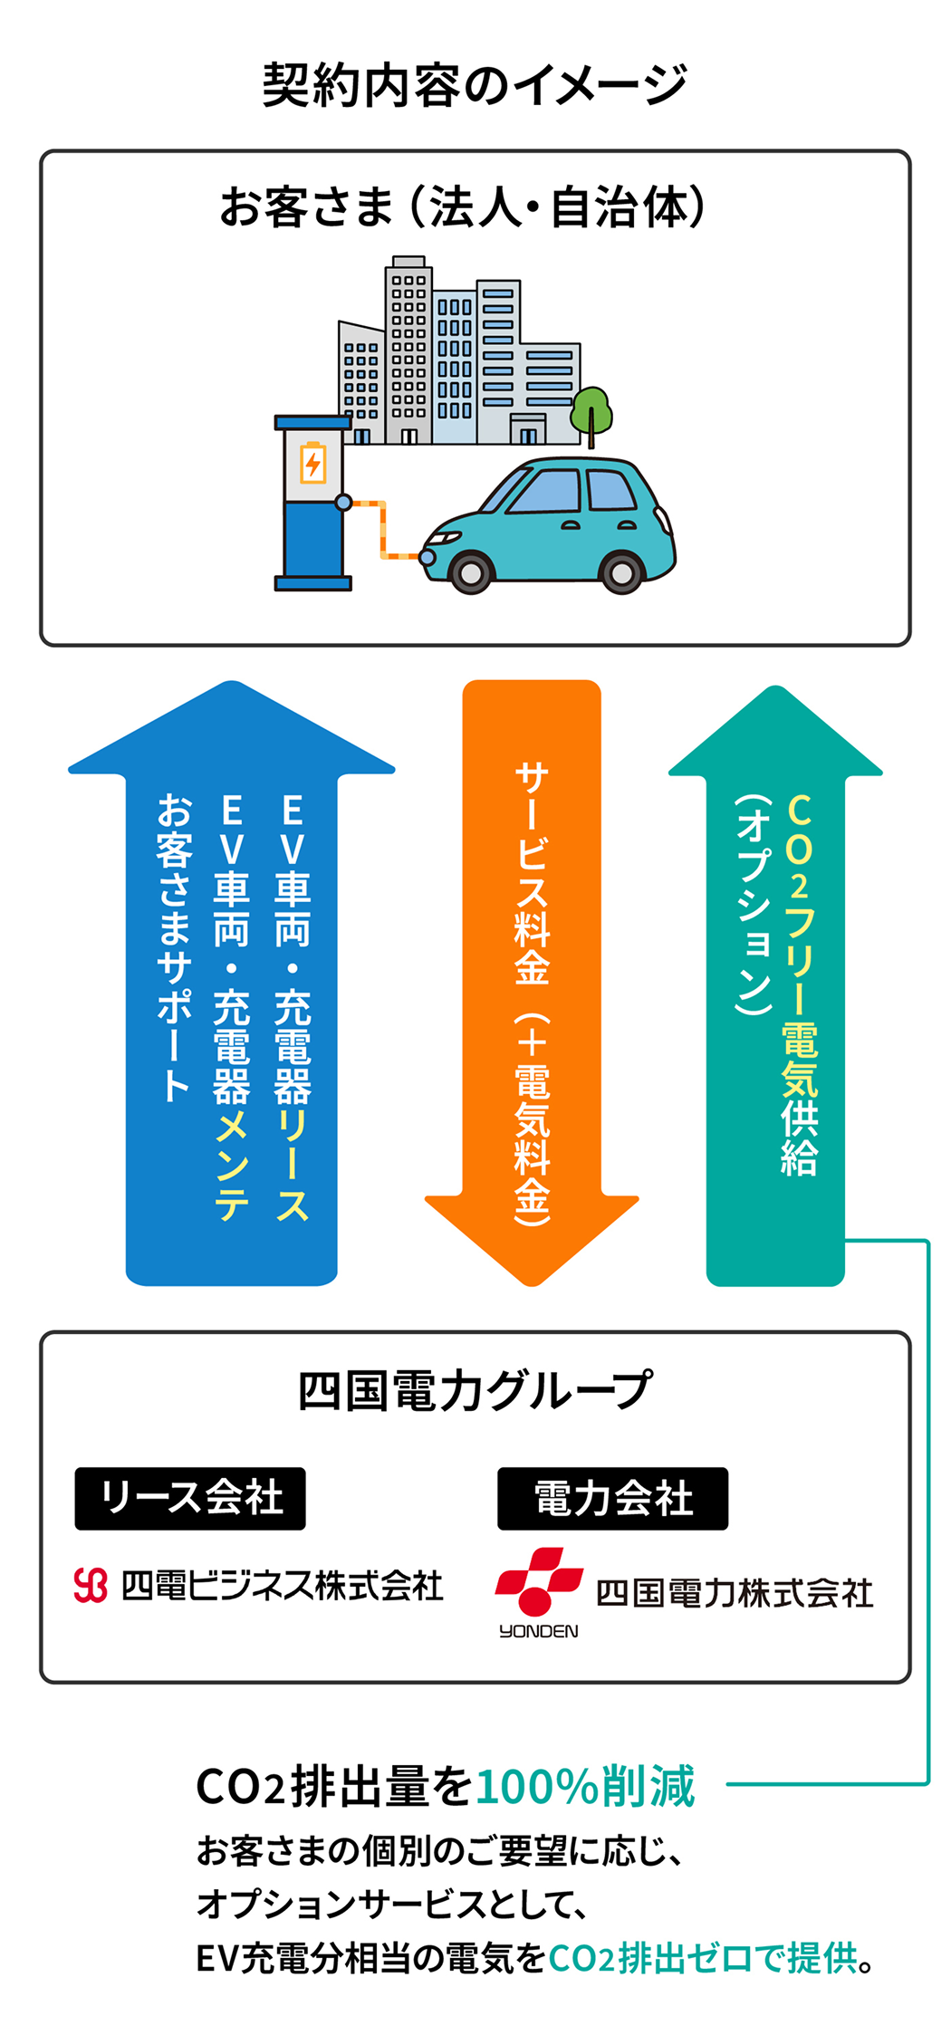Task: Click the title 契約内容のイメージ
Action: pyautogui.click(x=475, y=86)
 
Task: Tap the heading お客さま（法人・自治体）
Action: pyautogui.click(x=462, y=206)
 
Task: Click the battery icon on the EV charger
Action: pyautogui.click(x=312, y=464)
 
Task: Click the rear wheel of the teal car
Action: pyautogui.click(x=621, y=572)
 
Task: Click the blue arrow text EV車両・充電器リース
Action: pyautogui.click(x=293, y=1005)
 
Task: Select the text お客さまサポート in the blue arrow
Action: pyautogui.click(x=174, y=946)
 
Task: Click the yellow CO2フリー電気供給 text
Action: pyautogui.click(x=799, y=983)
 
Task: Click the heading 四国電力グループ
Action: pyautogui.click(x=475, y=1390)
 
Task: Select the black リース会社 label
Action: pyautogui.click(x=190, y=1498)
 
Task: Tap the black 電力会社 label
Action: pyautogui.click(x=612, y=1498)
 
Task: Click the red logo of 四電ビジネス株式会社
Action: pyautogui.click(x=91, y=1585)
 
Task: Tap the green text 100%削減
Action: pyautogui.click(x=585, y=1786)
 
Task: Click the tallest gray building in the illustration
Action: pyautogui.click(x=408, y=353)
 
